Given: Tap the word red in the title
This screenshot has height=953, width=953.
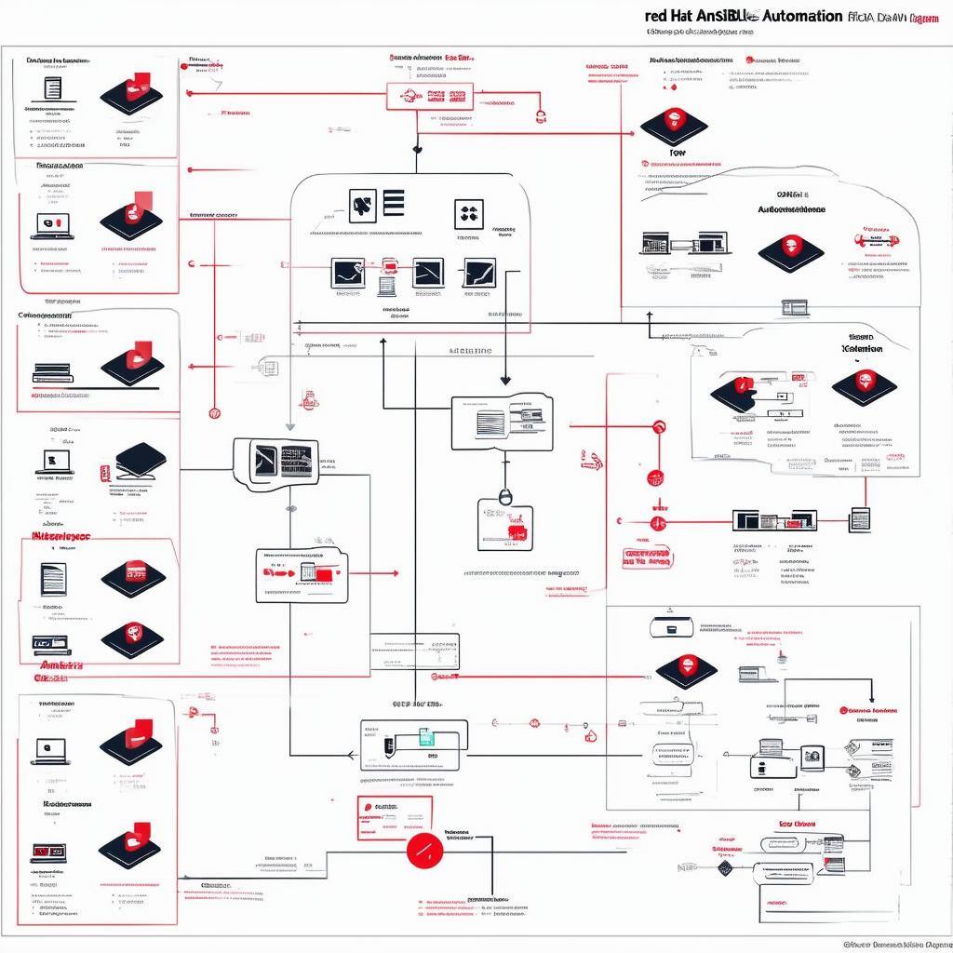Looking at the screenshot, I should [655, 17].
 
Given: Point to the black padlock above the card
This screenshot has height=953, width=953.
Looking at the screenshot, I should [504, 497].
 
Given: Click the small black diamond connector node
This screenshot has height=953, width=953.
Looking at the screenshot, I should [724, 867].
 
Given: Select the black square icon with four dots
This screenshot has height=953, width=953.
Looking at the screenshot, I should [469, 214].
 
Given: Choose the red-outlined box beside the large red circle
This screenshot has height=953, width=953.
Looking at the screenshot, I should [396, 817].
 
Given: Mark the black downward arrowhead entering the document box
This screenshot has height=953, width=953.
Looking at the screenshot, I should [505, 380].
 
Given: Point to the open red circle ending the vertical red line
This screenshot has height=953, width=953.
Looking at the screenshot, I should [215, 412].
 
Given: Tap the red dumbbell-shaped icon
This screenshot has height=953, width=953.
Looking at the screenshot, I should [875, 240].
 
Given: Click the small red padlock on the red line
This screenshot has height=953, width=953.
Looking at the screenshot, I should [540, 116].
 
